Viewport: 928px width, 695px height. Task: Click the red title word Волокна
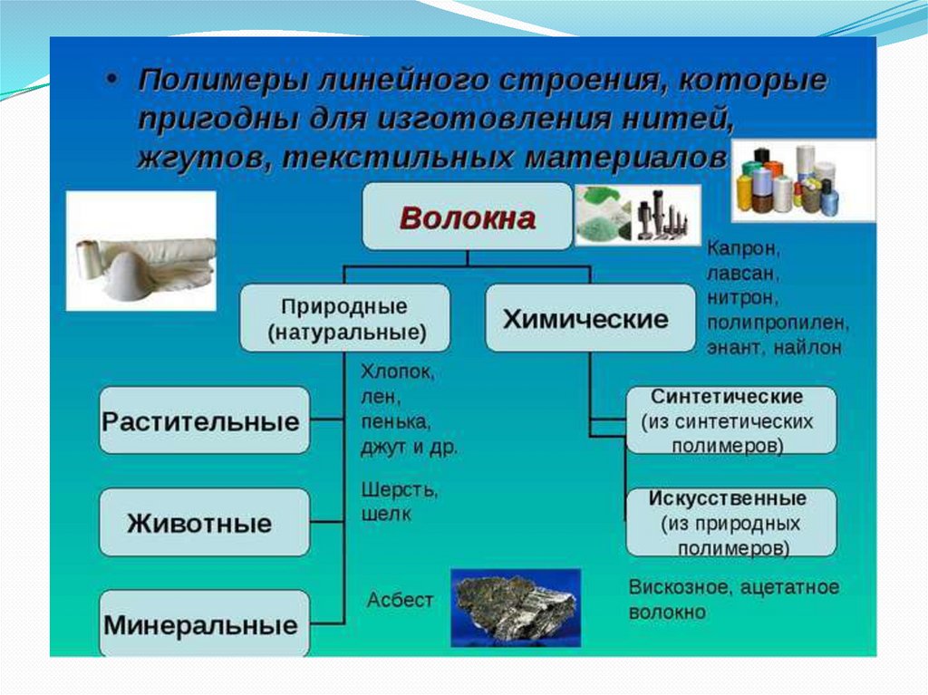pos(468,218)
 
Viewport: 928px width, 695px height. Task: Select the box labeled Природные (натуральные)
pos(344,318)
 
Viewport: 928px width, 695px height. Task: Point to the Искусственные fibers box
pos(731,523)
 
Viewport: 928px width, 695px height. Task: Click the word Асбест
pos(400,600)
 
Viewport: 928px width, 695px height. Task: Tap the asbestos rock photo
pos(515,607)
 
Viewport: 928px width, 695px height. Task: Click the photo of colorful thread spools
pos(802,180)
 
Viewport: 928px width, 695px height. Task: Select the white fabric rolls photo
pos(141,251)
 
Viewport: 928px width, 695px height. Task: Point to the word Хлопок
pos(397,372)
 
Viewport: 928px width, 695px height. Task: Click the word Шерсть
pos(399,489)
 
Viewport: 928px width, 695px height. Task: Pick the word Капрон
pos(742,246)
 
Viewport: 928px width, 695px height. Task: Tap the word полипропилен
pos(777,322)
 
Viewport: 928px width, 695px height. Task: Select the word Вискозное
pos(678,587)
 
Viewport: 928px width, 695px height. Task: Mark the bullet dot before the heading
pos(111,80)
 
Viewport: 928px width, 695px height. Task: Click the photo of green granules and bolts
pos(637,216)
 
